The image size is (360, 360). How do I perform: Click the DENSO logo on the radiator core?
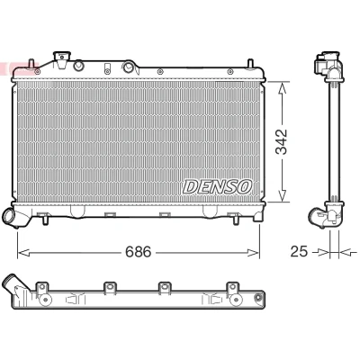tap(217, 187)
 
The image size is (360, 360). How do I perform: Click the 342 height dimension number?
tap(282, 142)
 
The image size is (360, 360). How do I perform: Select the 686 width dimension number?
tap(139, 252)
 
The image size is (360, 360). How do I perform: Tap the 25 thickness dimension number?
tap(299, 251)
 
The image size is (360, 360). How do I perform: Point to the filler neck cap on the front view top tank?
tap(62, 56)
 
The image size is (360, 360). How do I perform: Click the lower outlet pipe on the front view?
tap(12, 218)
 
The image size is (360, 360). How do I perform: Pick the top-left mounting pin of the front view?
tap(31, 64)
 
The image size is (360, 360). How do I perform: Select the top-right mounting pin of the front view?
tap(250, 64)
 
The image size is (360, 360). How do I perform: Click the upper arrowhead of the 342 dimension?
tap(282, 88)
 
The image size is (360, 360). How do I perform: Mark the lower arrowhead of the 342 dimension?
tap(282, 195)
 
